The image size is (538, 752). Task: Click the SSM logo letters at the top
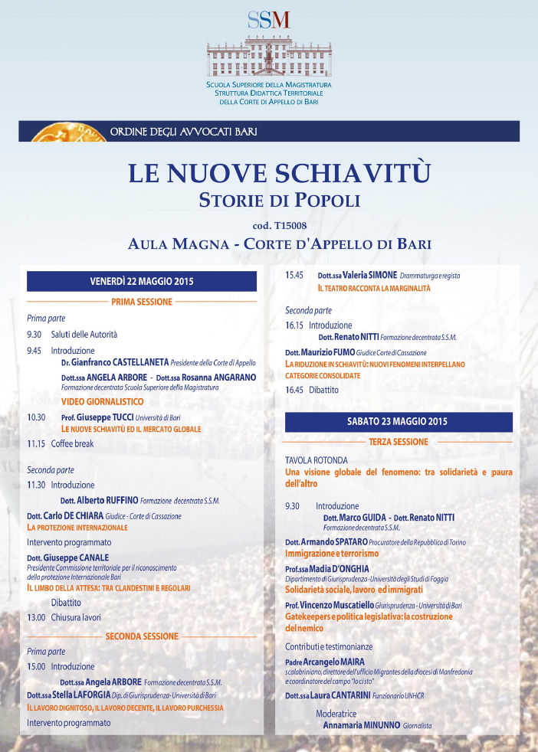[x=268, y=19]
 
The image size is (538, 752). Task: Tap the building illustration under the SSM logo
[x=268, y=55]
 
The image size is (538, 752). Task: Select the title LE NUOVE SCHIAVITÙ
[x=280, y=172]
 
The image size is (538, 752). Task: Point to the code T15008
[x=280, y=225]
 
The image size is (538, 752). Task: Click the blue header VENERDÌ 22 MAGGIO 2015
[x=142, y=281]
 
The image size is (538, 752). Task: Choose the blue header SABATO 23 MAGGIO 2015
[x=398, y=421]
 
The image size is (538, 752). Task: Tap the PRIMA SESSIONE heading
[x=142, y=302]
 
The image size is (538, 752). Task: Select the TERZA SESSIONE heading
[x=398, y=442]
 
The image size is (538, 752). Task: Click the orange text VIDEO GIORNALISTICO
[x=103, y=401]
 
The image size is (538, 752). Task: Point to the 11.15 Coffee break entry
[x=61, y=443]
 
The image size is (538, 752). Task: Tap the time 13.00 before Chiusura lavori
[x=36, y=617]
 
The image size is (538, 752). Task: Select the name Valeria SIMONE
[x=369, y=276]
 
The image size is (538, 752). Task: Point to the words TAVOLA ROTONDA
[x=317, y=460]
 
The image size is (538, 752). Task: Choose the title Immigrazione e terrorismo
[x=332, y=553]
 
